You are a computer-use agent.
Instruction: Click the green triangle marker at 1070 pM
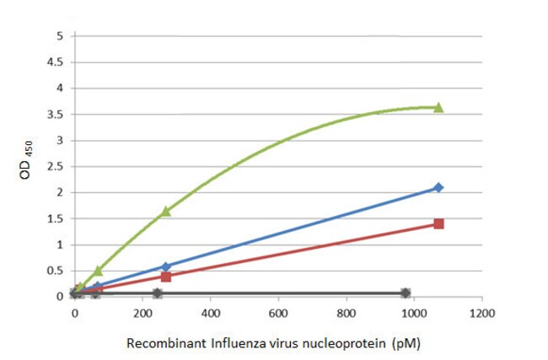pos(438,107)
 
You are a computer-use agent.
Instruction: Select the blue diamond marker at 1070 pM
pos(438,187)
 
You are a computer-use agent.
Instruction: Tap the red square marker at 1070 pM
pos(438,223)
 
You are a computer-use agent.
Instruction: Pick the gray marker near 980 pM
pos(406,293)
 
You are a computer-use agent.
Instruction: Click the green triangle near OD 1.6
pos(165,212)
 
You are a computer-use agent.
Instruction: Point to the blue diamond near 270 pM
pos(165,266)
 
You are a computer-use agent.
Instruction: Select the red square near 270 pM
pos(166,277)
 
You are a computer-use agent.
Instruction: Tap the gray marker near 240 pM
pos(157,293)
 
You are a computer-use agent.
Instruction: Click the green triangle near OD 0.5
pos(98,271)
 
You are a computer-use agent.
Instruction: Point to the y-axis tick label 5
pos(59,35)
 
